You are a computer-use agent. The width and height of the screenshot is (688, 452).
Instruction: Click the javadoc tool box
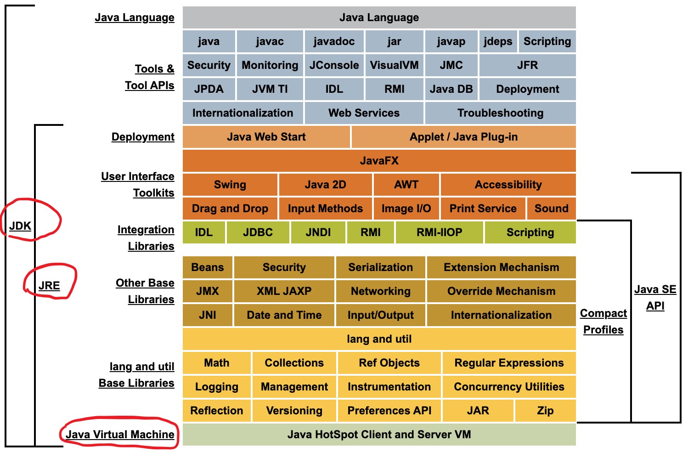point(334,41)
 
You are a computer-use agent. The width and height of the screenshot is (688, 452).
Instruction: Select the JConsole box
point(334,65)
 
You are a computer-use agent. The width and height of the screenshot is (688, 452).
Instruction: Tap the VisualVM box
point(394,65)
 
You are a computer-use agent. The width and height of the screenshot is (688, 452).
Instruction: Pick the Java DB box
point(451,89)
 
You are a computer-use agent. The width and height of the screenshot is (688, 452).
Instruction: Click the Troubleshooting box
point(500,113)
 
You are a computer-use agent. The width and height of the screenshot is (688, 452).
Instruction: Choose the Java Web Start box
point(266,137)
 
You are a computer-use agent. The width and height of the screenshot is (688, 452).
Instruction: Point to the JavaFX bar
point(379,161)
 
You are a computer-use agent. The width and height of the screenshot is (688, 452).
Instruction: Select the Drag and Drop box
point(230,209)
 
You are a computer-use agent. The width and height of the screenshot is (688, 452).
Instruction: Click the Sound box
point(551,209)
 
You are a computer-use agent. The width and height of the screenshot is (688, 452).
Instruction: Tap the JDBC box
point(258,232)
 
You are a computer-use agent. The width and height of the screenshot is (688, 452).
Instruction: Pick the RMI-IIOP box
point(439,232)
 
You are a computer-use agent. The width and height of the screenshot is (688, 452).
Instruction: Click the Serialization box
point(380,267)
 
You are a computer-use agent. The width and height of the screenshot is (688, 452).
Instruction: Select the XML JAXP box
point(284,291)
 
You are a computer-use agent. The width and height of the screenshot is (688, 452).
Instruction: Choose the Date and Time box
point(284,315)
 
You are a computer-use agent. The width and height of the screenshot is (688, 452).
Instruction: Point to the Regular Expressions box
point(509,363)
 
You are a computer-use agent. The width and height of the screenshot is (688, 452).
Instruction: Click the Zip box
point(545,411)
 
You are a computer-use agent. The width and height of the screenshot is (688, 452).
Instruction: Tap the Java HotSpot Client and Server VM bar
point(379,435)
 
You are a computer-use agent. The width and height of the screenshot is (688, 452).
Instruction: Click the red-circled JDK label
point(20,226)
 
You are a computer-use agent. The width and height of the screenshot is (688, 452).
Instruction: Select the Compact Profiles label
point(603,322)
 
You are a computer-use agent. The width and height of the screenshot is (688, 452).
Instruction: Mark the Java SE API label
point(655,298)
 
